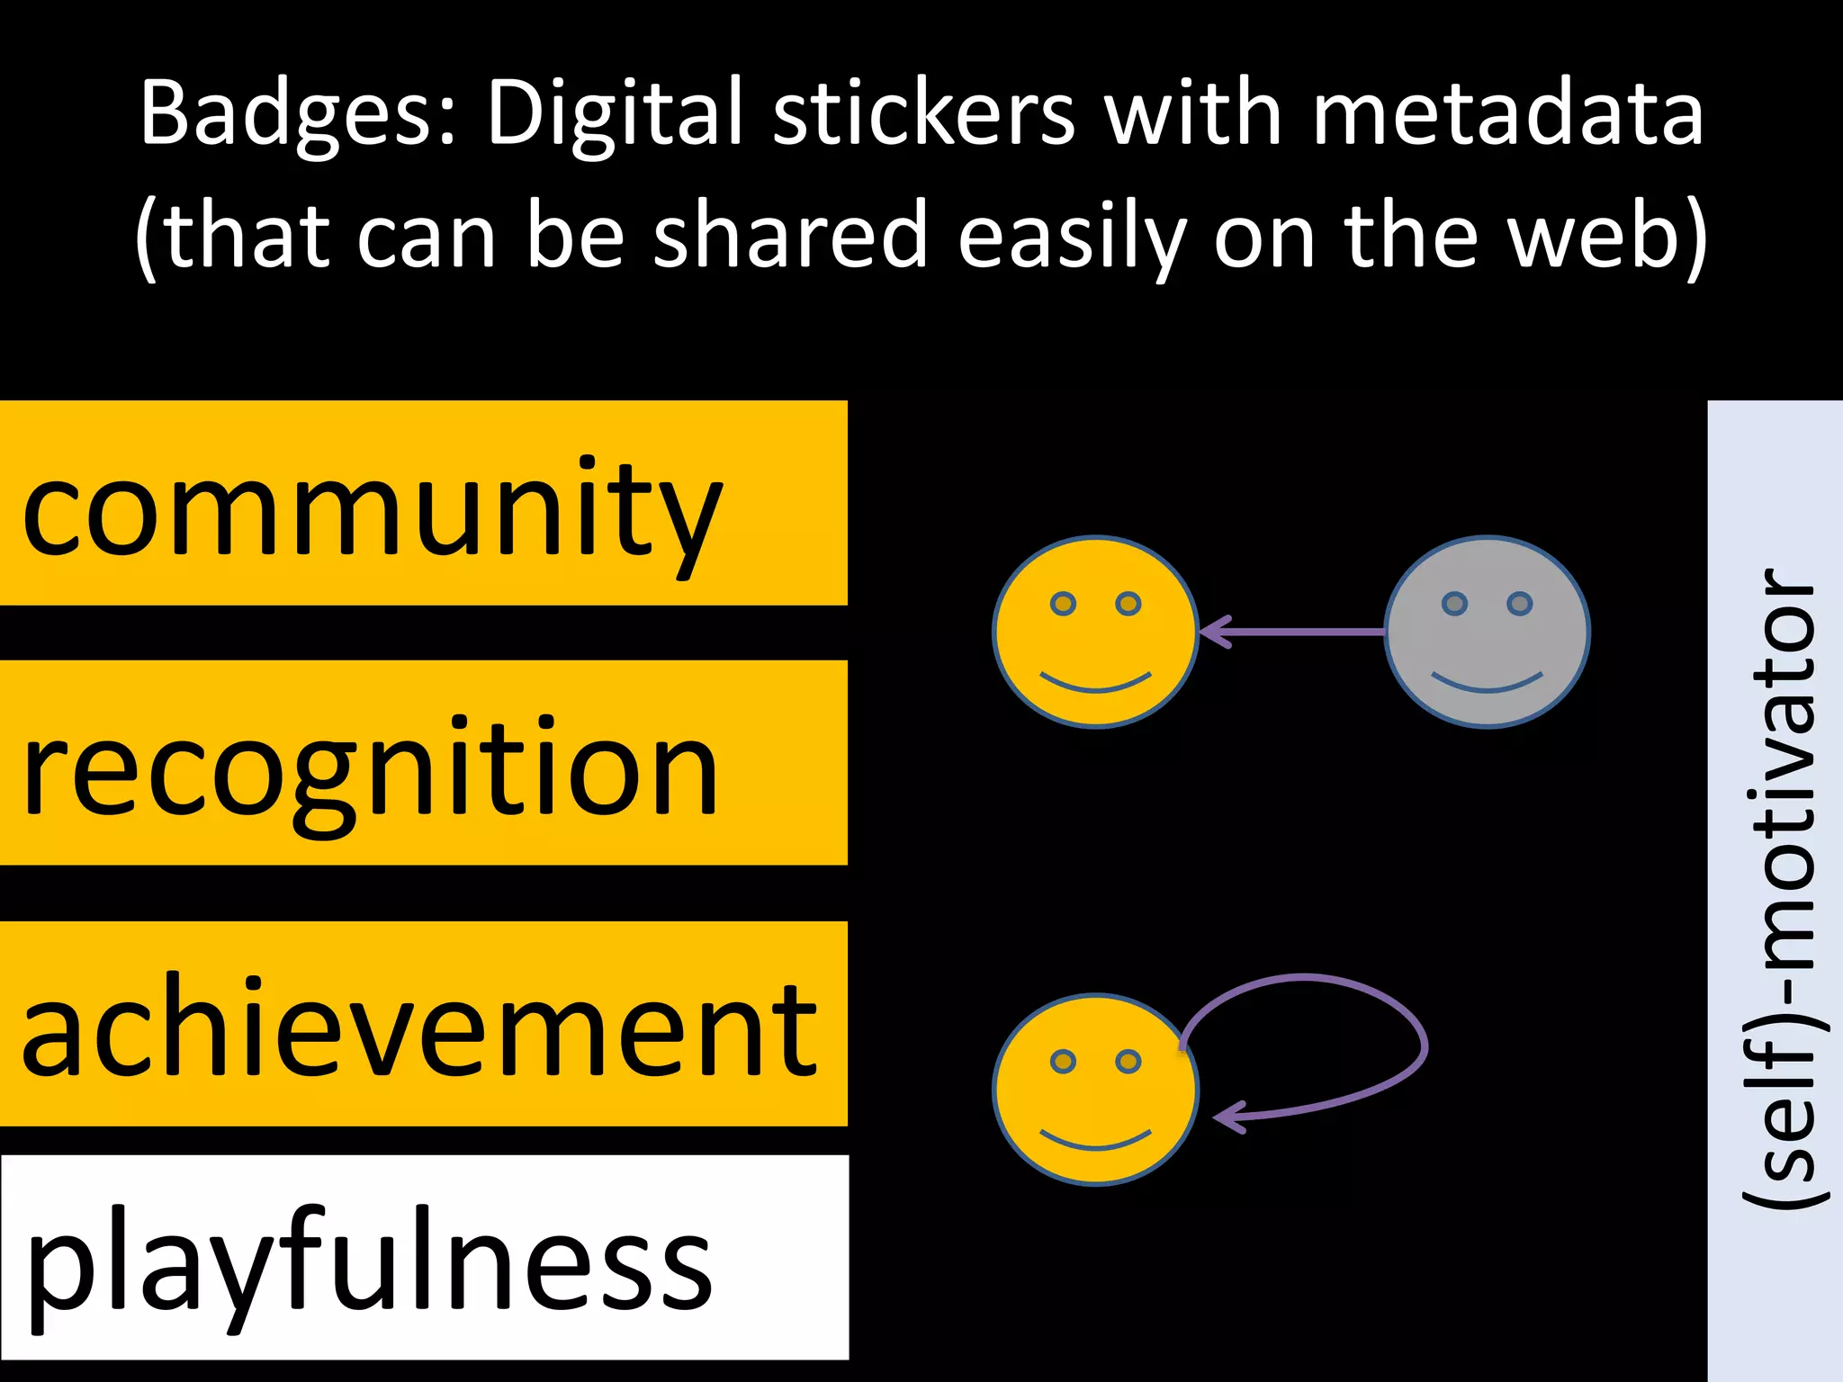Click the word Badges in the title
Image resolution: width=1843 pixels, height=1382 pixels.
coord(298,115)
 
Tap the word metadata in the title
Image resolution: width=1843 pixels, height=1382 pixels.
coord(1506,113)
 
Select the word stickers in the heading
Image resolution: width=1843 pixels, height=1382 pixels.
coord(923,113)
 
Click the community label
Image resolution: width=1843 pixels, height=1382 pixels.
coord(372,513)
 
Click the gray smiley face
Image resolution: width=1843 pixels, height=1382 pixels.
coord(1487,632)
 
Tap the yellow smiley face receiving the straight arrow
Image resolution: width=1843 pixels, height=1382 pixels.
coord(1095,632)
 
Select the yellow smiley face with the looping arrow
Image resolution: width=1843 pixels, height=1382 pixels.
coord(1095,1089)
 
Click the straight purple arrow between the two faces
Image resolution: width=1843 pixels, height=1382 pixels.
coord(1296,633)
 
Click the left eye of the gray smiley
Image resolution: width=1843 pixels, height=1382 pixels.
coord(1454,604)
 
